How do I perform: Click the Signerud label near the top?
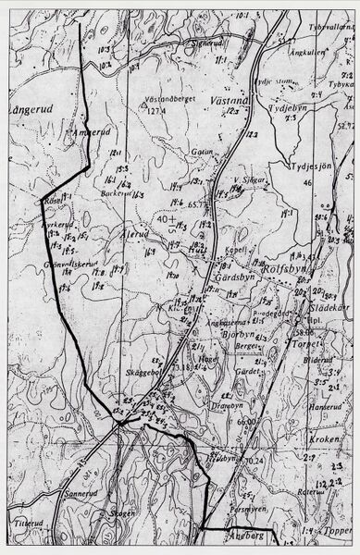[x=208, y=43]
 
